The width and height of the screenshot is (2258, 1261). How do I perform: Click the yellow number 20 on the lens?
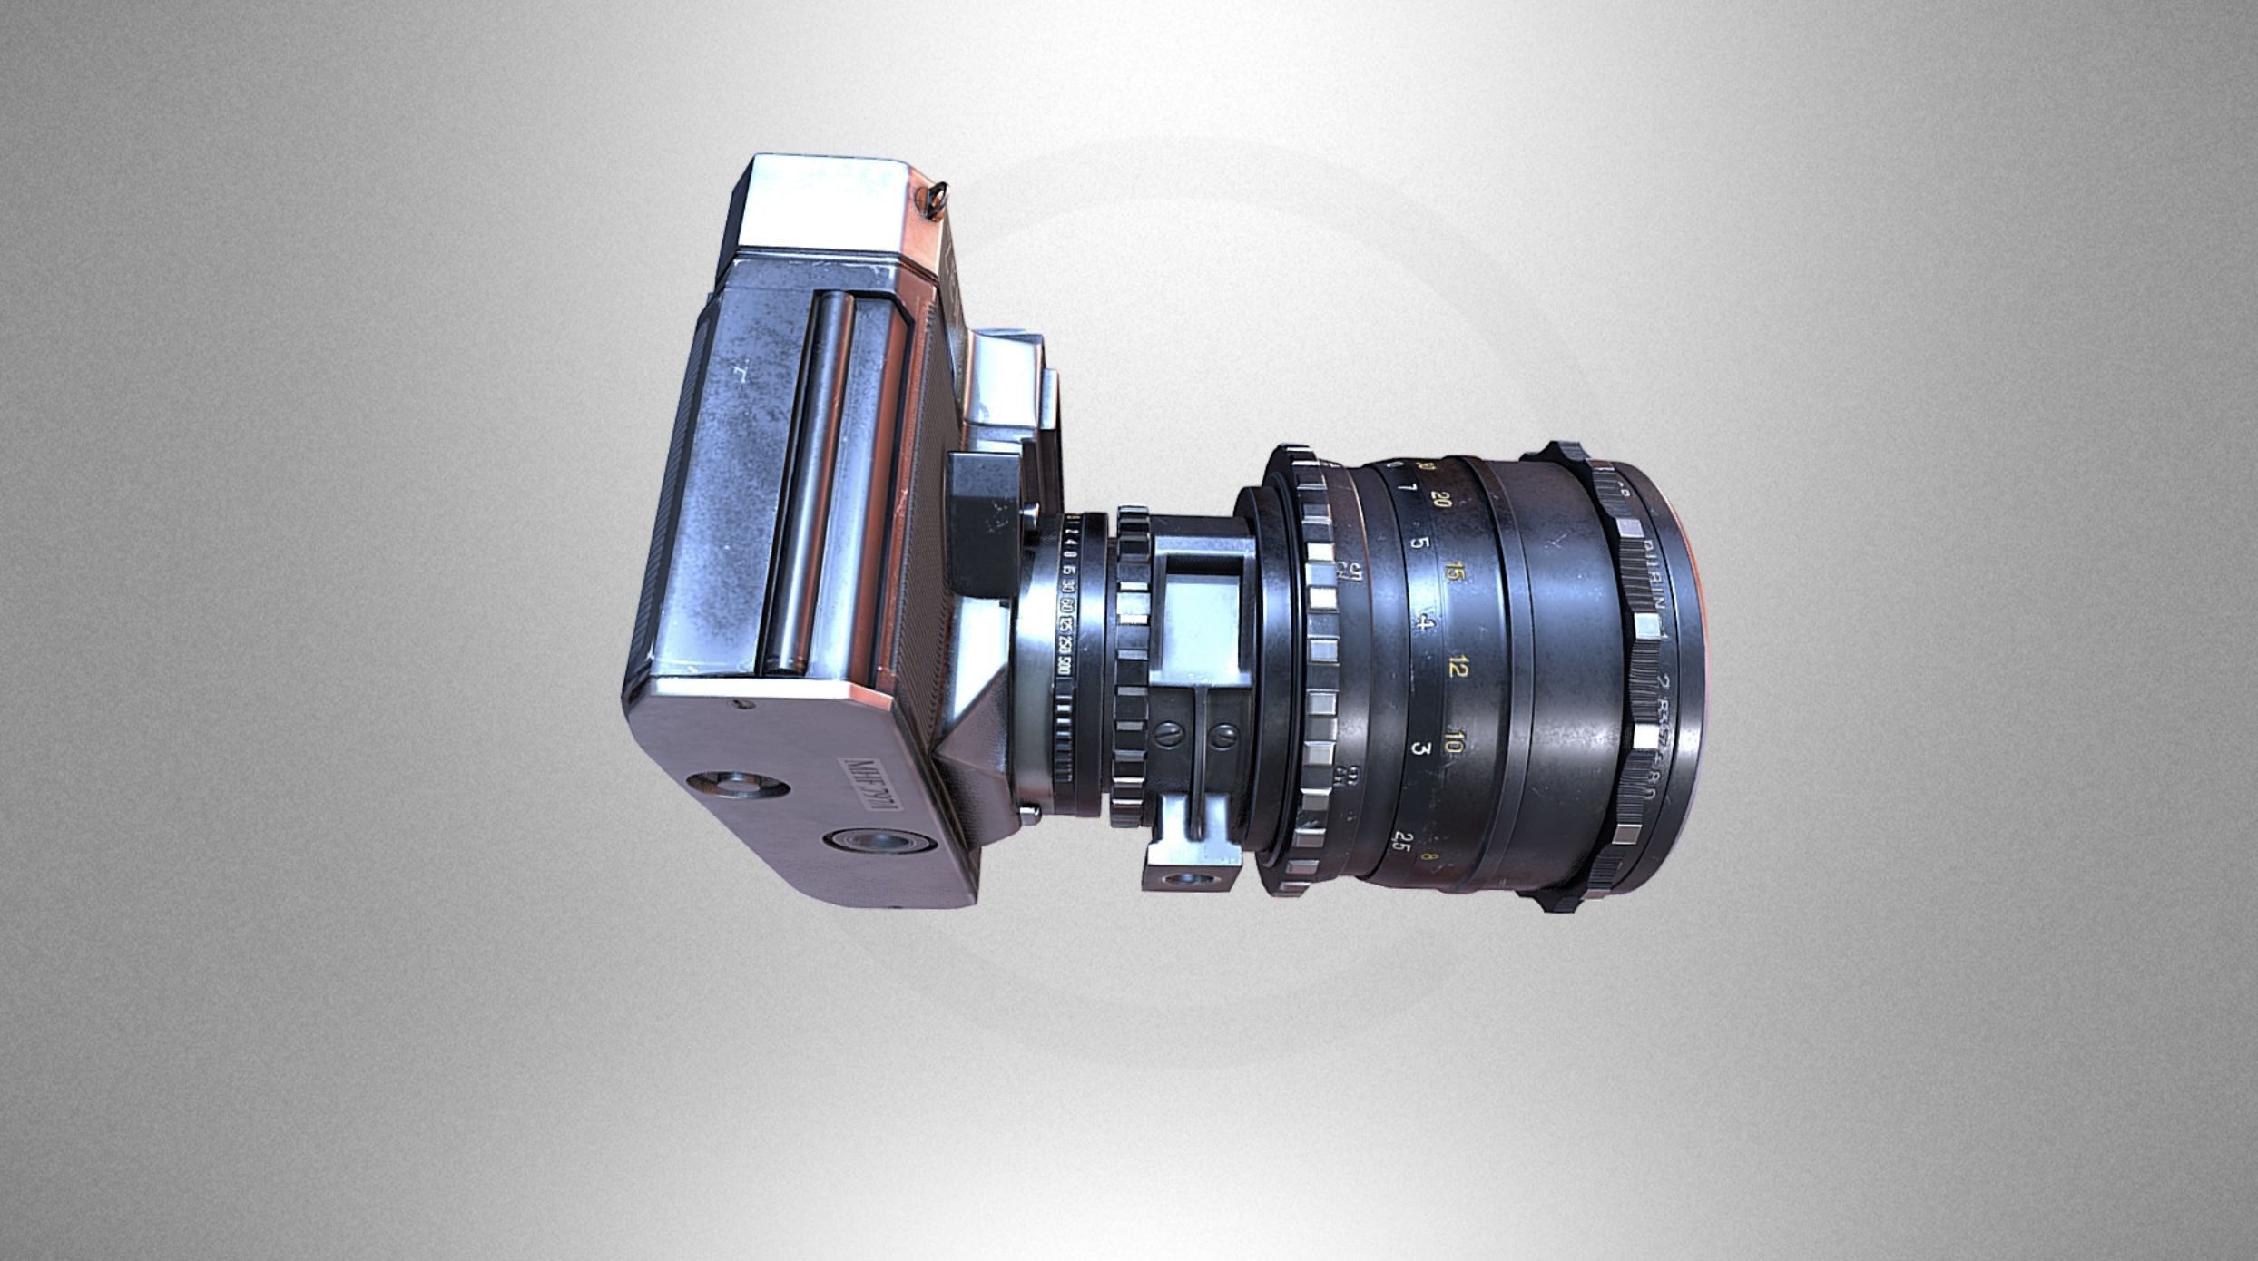pyautogui.click(x=1440, y=500)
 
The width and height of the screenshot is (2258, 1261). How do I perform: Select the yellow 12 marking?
pyautogui.click(x=1458, y=669)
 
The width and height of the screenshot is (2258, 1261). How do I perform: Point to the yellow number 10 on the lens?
pyautogui.click(x=1453, y=746)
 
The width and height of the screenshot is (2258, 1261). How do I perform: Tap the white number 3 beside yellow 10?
pyautogui.click(x=1421, y=749)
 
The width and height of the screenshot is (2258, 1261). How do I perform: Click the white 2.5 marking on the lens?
pyautogui.click(x=1401, y=840)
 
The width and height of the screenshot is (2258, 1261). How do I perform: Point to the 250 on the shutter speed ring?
pyautogui.click(x=1064, y=650)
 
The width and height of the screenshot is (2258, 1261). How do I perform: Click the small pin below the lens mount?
pyautogui.click(x=1028, y=812)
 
